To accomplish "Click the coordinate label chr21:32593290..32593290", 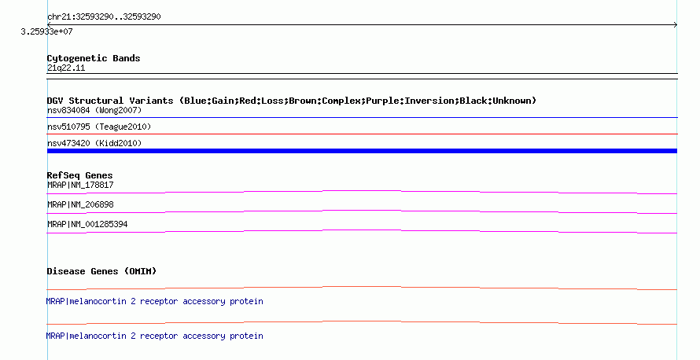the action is (104, 17).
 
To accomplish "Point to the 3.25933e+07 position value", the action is (46, 31).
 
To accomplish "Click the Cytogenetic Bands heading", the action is (94, 58).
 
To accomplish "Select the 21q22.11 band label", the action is (66, 68).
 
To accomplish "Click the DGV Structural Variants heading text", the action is (292, 101).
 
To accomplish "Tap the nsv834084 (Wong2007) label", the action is (94, 110).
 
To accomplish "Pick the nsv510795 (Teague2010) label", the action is (99, 127).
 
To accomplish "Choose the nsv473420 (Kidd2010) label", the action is (94, 143).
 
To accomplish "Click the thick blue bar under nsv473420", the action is (362, 151).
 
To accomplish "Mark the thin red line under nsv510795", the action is (362, 134).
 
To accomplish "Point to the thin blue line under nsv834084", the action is (362, 117).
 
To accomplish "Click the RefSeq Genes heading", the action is (79, 175).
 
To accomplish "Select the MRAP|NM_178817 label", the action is (80, 185).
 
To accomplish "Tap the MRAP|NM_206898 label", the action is (80, 204).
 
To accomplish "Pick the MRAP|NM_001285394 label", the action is (87, 224).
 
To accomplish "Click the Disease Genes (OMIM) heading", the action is (101, 271).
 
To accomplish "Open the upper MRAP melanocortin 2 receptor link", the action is (154, 302).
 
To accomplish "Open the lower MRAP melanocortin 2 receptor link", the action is (154, 336).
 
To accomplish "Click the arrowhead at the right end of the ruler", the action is (676, 24).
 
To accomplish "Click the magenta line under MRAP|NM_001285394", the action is (362, 231).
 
